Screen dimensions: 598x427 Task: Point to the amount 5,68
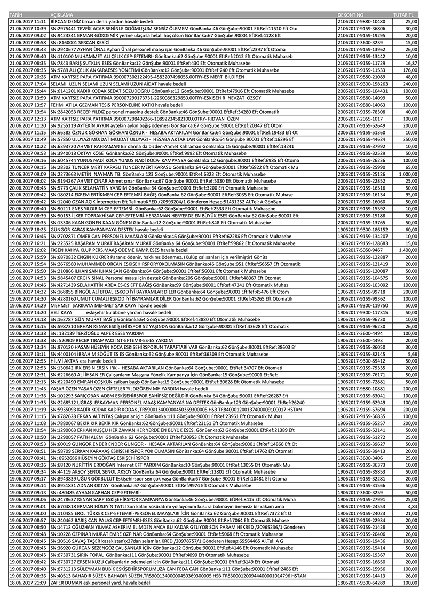click(x=412, y=353)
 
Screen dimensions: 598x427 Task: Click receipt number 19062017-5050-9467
click(x=360, y=250)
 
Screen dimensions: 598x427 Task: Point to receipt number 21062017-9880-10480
click(x=361, y=21)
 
